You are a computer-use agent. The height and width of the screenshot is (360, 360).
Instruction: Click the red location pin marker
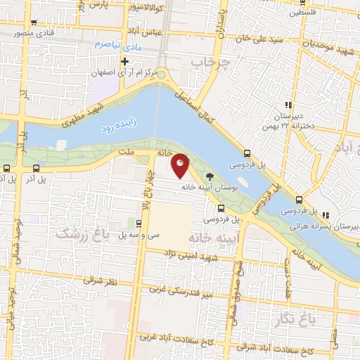(x=181, y=166)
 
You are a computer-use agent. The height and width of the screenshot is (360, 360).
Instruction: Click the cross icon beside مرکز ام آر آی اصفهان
(x=124, y=61)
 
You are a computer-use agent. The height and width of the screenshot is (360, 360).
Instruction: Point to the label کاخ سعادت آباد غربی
(x=169, y=336)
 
